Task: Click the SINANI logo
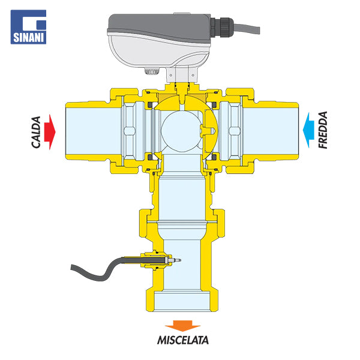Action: coord(28,27)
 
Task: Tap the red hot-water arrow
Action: coord(50,132)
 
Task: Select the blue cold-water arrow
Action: coord(308,130)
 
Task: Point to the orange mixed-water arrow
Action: coord(183,326)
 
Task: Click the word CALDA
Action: coord(36,132)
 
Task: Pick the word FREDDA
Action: coord(323,130)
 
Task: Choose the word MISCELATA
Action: coord(183,340)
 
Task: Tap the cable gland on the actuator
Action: coord(222,28)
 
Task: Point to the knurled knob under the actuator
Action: coord(152,71)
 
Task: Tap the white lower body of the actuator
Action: coord(158,52)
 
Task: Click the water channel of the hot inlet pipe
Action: coord(93,131)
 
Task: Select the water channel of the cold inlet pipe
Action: coord(271,131)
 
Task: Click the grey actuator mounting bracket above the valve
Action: coord(182,74)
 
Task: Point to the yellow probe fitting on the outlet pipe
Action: coord(156,260)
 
